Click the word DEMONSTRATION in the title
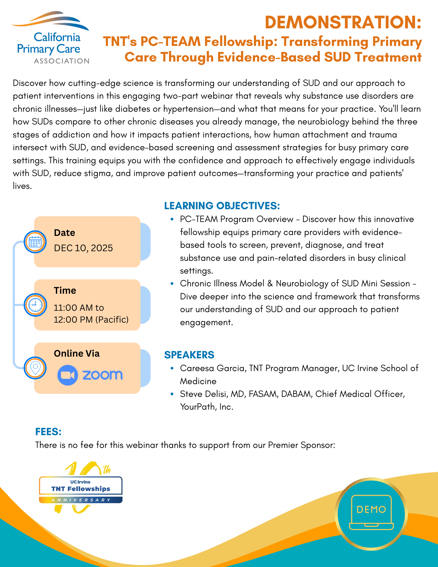coord(343,23)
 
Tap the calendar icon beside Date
coord(35,242)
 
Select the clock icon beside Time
coord(35,305)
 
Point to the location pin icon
coord(35,368)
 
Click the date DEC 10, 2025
coord(83,248)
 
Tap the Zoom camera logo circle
coord(67,375)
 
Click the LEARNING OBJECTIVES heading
coord(222,206)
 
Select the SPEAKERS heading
coord(189,355)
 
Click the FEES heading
coord(48,432)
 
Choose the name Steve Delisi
coord(204,394)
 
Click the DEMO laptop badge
coord(371,514)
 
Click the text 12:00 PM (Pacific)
coord(91,320)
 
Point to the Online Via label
coord(77,354)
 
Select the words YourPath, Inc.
coord(207,407)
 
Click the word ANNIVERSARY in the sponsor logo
coord(81,500)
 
